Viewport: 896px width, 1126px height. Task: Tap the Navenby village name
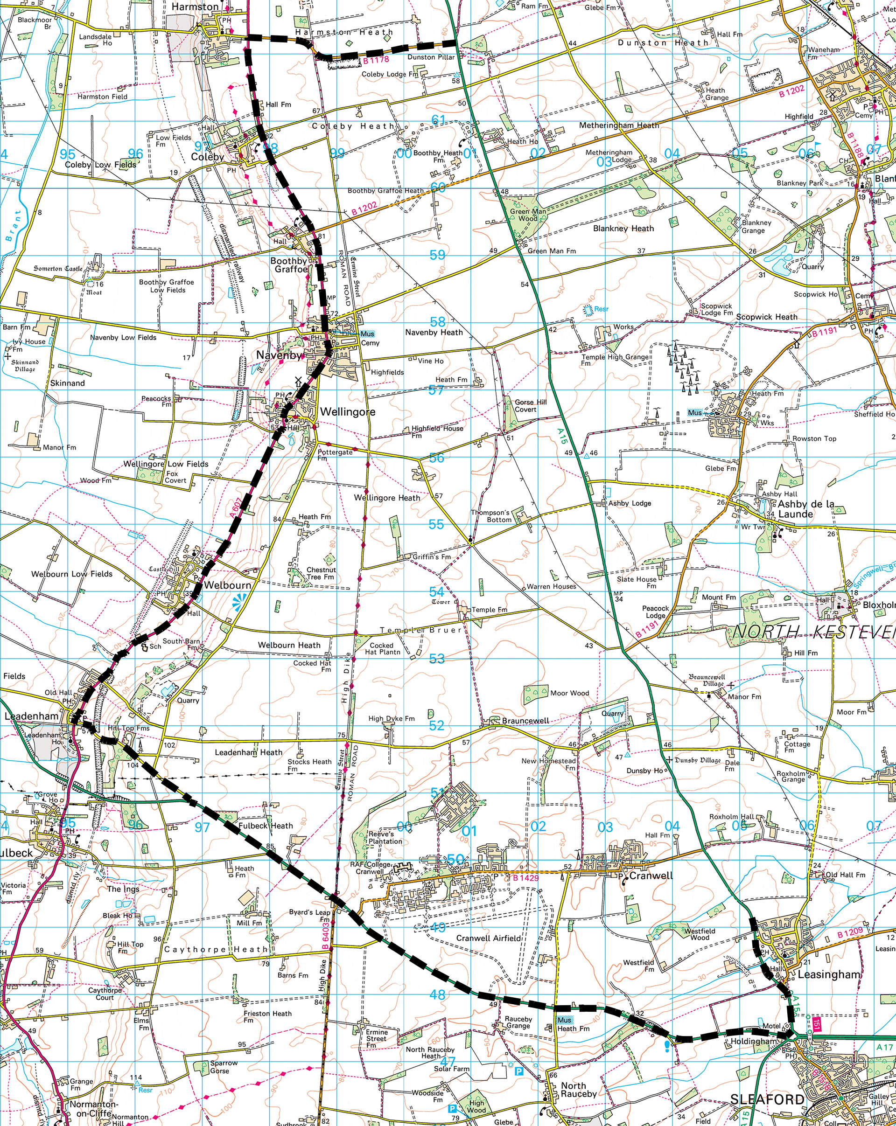pyautogui.click(x=279, y=355)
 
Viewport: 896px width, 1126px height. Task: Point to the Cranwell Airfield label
pyautogui.click(x=488, y=938)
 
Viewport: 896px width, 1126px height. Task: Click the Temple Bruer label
pyautogui.click(x=420, y=630)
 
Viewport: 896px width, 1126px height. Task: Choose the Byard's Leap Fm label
pyautogui.click(x=310, y=916)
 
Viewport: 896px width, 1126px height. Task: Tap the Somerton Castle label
pyautogui.click(x=58, y=269)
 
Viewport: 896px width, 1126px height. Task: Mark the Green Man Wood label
pyautogui.click(x=528, y=215)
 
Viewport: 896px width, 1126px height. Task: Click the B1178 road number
pyautogui.click(x=376, y=60)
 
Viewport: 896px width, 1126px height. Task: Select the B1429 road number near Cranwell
pyautogui.click(x=525, y=877)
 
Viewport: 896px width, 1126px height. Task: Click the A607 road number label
pyautogui.click(x=236, y=507)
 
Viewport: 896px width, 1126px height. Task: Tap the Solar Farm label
pyautogui.click(x=451, y=1069)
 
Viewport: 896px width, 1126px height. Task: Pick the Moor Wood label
pyautogui.click(x=569, y=693)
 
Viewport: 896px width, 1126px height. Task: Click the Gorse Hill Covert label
pyautogui.click(x=530, y=406)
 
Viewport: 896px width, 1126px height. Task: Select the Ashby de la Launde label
pyautogui.click(x=805, y=509)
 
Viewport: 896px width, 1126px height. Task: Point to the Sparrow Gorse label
pyautogui.click(x=224, y=1066)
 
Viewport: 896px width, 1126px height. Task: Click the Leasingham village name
pyautogui.click(x=829, y=974)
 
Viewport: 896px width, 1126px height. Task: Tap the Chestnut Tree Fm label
pyautogui.click(x=321, y=573)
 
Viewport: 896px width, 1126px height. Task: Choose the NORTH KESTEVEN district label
pyautogui.click(x=814, y=633)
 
